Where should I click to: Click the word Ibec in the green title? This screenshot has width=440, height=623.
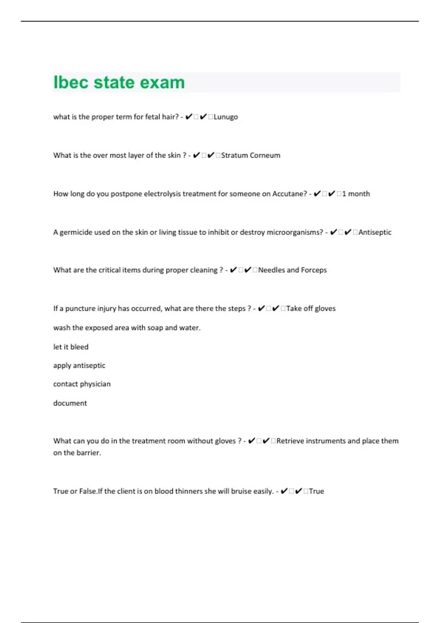click(x=70, y=82)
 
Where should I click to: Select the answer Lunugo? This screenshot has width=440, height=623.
click(x=225, y=117)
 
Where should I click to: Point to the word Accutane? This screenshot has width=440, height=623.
click(x=289, y=194)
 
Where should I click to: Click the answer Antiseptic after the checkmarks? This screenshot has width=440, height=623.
click(x=375, y=232)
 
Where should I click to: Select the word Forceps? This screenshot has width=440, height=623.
click(x=313, y=270)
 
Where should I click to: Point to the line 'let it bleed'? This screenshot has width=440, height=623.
click(x=71, y=347)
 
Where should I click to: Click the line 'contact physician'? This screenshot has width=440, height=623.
click(x=82, y=384)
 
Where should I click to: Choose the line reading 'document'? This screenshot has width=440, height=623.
click(x=70, y=403)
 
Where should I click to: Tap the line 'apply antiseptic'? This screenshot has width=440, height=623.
click(x=79, y=365)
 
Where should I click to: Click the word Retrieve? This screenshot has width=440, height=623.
click(x=290, y=441)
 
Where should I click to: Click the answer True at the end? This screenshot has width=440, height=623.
click(x=316, y=491)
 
